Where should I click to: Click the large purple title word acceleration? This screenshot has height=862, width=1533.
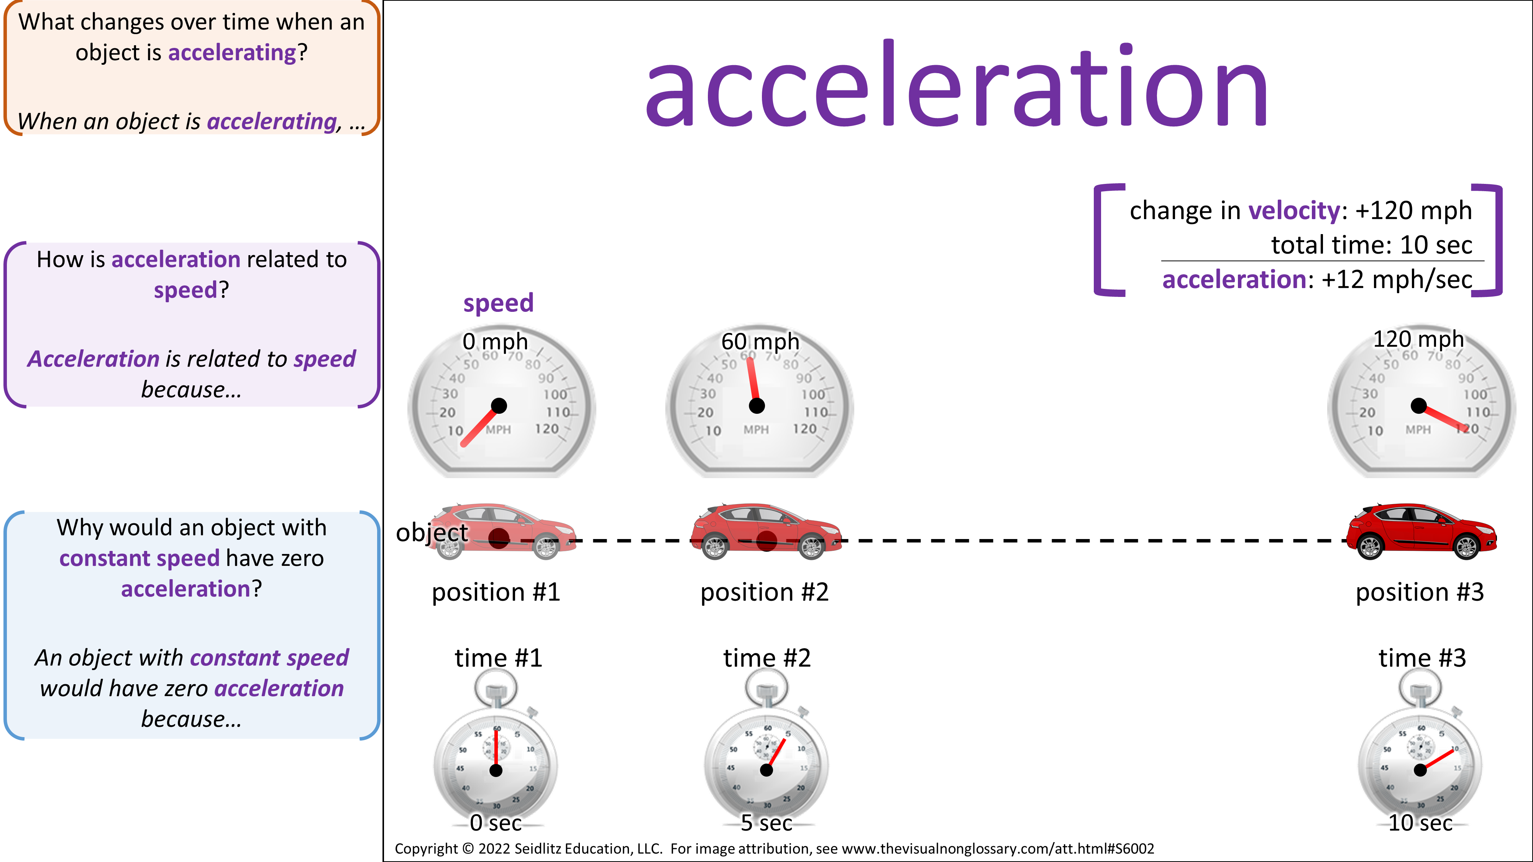coord(957,84)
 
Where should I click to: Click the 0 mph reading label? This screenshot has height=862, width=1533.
coord(495,341)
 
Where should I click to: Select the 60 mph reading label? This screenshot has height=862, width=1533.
coord(760,341)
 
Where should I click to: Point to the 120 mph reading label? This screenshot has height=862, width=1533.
coord(1418,339)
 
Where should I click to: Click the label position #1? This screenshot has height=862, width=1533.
coord(496,592)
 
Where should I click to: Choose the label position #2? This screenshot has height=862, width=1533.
coord(764,592)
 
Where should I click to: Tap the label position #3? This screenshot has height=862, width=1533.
coord(1419,592)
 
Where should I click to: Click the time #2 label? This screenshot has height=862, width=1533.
coord(766,658)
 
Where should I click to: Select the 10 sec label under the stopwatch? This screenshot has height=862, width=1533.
coord(1420,823)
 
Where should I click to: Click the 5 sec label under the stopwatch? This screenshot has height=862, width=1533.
coord(766,823)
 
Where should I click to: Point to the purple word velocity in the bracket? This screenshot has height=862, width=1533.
coord(1294,211)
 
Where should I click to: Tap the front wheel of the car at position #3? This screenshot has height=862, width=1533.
coord(1466,546)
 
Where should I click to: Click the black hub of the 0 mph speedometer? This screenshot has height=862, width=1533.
coord(499,406)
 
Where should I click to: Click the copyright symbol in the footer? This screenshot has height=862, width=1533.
coord(468,848)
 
